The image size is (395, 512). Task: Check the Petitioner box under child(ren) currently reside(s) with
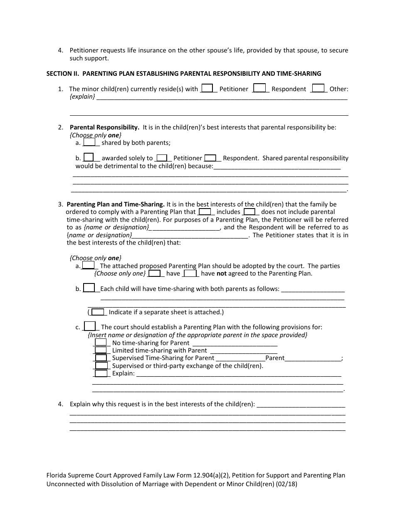click(x=207, y=88)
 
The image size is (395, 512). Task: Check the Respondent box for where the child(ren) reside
click(x=259, y=88)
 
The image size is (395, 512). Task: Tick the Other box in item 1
click(x=318, y=88)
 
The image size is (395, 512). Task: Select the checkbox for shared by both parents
click(x=89, y=142)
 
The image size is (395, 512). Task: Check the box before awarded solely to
click(x=89, y=158)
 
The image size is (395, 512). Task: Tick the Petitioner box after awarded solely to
click(x=162, y=158)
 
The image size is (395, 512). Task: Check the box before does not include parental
click(x=249, y=211)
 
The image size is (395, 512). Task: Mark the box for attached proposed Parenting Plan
click(x=88, y=266)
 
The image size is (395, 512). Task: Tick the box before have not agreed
click(x=190, y=273)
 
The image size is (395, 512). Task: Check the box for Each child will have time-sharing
click(x=89, y=288)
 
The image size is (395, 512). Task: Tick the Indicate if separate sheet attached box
click(x=98, y=312)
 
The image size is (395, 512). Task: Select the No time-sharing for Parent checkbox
click(x=101, y=343)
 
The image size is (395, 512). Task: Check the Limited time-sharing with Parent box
click(x=101, y=350)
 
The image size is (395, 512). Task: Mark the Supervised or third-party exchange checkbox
click(x=101, y=366)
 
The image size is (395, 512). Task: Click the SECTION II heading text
click(x=183, y=74)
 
